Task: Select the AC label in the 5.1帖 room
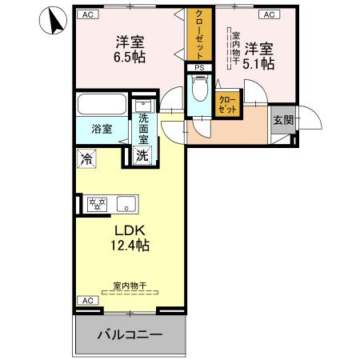[268, 14]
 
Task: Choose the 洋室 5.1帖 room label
[259, 54]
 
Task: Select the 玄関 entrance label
[282, 120]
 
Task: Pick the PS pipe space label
[199, 68]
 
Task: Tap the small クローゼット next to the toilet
[227, 103]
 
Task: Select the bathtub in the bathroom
[102, 106]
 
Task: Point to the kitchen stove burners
[97, 204]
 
